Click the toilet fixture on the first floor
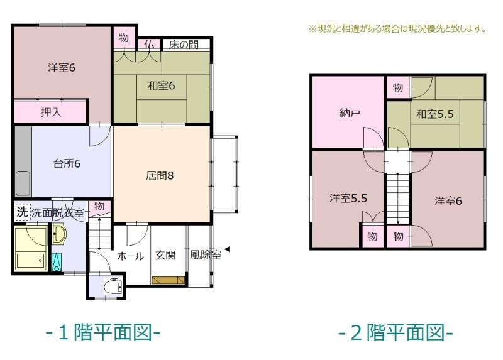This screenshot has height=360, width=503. (x=113, y=286)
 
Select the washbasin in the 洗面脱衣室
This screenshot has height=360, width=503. (x=58, y=234)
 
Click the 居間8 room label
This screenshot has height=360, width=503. (x=160, y=175)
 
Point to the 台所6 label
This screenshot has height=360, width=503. (x=67, y=163)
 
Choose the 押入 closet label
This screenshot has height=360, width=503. (x=51, y=112)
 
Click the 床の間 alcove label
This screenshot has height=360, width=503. (x=184, y=45)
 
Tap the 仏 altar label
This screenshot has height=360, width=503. (x=149, y=45)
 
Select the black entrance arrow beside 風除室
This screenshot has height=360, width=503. (x=227, y=249)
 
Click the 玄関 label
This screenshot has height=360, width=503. (x=165, y=255)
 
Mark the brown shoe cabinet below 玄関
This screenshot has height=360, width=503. (x=169, y=280)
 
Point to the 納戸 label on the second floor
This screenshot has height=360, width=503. (x=350, y=113)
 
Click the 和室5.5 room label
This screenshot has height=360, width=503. (x=435, y=114)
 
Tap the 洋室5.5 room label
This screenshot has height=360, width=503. (x=348, y=198)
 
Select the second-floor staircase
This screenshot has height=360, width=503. (x=398, y=199)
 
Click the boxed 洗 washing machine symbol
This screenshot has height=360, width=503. (x=22, y=212)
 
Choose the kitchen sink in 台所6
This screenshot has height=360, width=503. (x=23, y=183)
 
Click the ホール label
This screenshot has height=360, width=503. (x=130, y=256)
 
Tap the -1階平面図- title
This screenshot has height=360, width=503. (x=103, y=332)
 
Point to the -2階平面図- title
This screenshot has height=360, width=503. (x=396, y=332)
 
